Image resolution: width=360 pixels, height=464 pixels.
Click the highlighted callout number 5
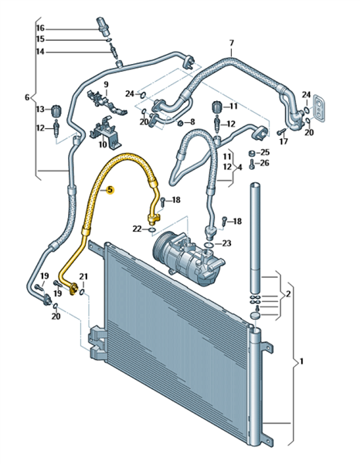110,190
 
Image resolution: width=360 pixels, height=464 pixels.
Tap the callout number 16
40,28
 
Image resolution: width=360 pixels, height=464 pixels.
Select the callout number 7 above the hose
232,43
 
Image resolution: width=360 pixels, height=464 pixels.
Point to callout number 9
106,84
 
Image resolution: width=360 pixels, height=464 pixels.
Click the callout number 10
103,145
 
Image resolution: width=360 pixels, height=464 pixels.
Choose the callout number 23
226,243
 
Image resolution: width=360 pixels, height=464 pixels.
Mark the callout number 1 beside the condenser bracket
301,361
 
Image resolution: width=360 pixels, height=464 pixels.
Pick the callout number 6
27,97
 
